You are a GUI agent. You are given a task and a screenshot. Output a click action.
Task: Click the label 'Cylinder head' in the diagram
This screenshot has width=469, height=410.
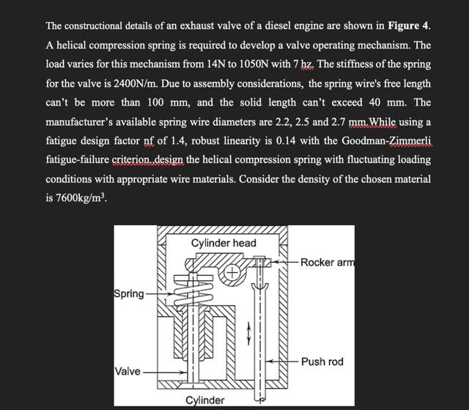[224, 243]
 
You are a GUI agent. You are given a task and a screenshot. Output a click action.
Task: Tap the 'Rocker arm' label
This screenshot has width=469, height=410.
[327, 263]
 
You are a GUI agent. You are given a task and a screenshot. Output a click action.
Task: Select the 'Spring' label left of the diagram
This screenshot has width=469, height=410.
[129, 294]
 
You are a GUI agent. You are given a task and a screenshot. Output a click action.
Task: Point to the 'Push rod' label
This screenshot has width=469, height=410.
[322, 362]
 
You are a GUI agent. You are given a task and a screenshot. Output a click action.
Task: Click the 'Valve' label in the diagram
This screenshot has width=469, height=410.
[128, 371]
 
